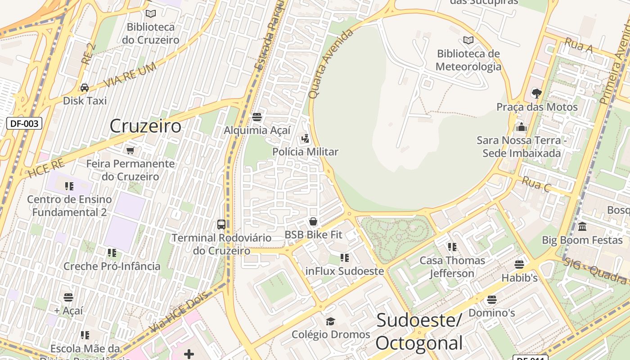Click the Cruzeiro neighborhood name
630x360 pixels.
(x=145, y=126)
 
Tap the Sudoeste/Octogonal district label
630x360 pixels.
(x=419, y=332)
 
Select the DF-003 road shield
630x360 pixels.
(x=24, y=123)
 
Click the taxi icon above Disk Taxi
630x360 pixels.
(x=85, y=88)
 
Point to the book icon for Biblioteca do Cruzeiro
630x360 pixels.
(x=151, y=14)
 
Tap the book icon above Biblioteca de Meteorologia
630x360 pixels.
(x=468, y=40)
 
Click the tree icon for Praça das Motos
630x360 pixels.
(x=536, y=94)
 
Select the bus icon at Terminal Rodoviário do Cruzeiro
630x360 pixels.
(x=221, y=224)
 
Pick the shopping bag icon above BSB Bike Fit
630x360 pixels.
(x=313, y=221)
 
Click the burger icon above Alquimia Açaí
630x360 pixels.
(x=257, y=117)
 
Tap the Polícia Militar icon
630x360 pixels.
(x=306, y=139)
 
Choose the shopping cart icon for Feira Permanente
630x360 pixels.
(x=130, y=150)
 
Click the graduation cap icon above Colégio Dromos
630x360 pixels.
(x=331, y=321)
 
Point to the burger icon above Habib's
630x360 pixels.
(x=519, y=265)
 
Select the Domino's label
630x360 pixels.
(x=492, y=312)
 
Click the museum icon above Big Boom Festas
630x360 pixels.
(x=582, y=226)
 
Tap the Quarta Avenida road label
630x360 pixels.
(x=331, y=64)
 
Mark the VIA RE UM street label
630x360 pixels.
(x=130, y=75)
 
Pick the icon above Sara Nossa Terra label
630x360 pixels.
(x=522, y=127)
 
